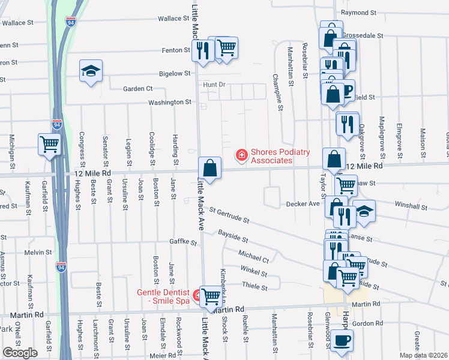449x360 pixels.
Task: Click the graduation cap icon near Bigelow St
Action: (x=91, y=71)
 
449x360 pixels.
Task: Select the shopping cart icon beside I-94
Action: (x=50, y=144)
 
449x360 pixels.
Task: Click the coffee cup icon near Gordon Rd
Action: (x=342, y=340)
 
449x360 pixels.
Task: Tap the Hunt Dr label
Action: (x=213, y=85)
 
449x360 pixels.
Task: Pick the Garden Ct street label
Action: (x=137, y=89)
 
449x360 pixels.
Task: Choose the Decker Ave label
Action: (x=303, y=204)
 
